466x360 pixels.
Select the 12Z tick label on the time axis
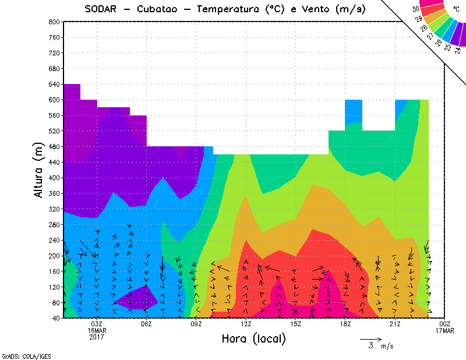click(246, 324)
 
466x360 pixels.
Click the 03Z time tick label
click(97, 324)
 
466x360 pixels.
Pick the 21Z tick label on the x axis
click(395, 324)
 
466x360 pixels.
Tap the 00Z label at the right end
click(445, 324)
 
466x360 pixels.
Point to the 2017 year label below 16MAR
click(97, 337)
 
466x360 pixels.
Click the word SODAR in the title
click(104, 9)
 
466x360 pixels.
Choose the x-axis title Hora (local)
click(253, 339)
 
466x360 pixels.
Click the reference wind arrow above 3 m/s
click(370, 338)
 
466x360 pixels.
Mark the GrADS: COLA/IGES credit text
click(18, 355)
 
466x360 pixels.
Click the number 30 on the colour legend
click(415, 9)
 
